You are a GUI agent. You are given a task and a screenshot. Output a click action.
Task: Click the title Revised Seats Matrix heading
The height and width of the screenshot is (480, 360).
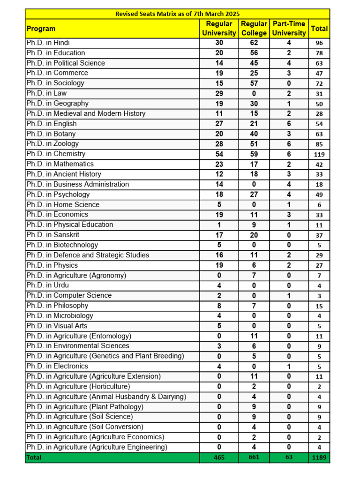pyautogui.click(x=177, y=14)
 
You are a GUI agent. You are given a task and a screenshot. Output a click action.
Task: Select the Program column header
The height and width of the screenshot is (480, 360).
pyautogui.click(x=41, y=29)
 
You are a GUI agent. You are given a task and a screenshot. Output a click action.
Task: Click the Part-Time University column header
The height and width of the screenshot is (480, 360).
pyautogui.click(x=289, y=29)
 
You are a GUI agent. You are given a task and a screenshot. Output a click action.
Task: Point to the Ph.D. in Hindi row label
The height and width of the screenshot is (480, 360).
pyautogui.click(x=48, y=43)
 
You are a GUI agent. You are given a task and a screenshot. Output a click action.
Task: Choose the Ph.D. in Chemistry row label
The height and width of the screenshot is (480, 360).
pyautogui.click(x=56, y=154)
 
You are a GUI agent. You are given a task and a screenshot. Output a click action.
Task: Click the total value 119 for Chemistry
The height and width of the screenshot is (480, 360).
pyautogui.click(x=319, y=154)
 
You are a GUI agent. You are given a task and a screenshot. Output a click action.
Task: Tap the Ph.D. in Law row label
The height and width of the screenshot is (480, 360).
pyautogui.click(x=46, y=93)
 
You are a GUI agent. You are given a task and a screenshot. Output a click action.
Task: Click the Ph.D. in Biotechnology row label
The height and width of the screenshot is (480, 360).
pyautogui.click(x=62, y=245)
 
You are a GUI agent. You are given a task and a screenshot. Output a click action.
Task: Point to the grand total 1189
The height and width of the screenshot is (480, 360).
pyautogui.click(x=319, y=457)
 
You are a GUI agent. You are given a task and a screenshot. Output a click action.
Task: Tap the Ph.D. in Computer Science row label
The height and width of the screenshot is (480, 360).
pyautogui.click(x=69, y=295)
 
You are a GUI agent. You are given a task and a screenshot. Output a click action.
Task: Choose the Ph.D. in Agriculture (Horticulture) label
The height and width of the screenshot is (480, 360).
pyautogui.click(x=78, y=386)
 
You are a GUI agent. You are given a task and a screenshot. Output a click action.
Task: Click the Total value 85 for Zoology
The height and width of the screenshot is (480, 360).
pyautogui.click(x=319, y=144)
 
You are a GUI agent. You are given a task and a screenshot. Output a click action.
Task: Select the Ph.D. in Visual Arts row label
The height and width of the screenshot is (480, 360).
pyautogui.click(x=57, y=326)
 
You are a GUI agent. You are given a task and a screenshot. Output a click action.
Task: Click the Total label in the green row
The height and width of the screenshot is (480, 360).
pyautogui.click(x=34, y=457)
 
